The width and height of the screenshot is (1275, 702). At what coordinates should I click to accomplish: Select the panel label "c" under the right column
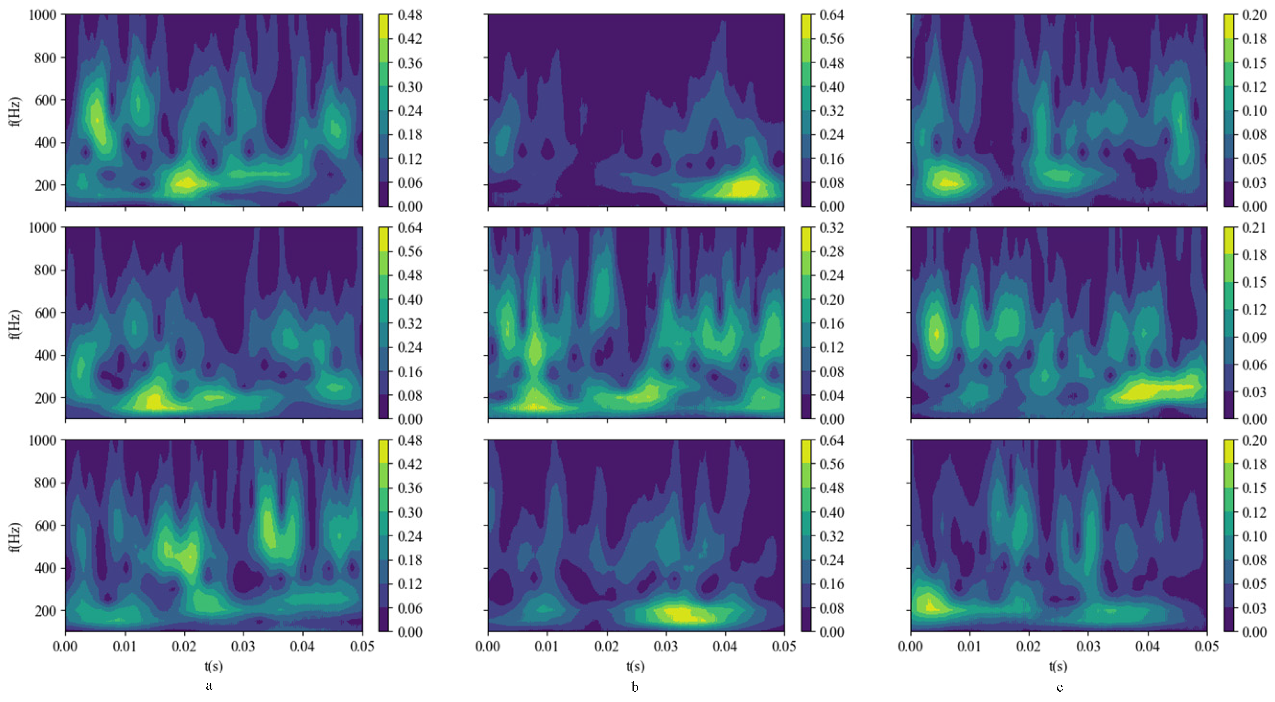coord(1059,687)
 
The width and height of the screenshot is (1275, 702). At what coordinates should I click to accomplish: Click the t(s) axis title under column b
coord(636,666)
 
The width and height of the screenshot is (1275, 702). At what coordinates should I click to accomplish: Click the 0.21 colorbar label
coord(1254,228)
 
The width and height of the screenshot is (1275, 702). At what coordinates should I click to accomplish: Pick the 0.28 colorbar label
coord(832,252)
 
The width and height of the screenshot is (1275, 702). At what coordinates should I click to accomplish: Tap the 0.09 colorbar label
coord(1254,337)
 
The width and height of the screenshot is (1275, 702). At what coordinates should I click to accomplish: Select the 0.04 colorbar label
coord(832,395)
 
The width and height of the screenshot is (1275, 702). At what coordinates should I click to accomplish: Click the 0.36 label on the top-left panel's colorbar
coord(410,63)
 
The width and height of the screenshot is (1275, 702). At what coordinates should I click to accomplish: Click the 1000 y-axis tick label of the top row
coord(43,15)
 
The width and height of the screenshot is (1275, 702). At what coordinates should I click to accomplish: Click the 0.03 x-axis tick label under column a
coord(244,646)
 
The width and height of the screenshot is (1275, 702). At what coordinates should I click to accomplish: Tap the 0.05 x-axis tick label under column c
coord(1206,646)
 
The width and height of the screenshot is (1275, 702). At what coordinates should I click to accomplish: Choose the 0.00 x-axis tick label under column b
coord(488,646)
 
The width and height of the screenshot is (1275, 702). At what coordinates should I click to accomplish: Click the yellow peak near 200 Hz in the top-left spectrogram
coord(186,183)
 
